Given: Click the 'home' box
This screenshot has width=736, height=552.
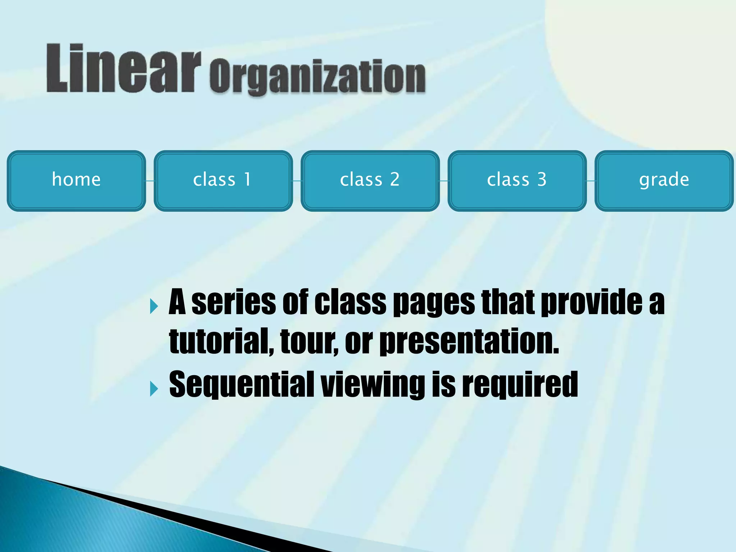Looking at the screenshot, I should (x=76, y=181).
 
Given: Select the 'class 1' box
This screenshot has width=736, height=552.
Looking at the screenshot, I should (x=223, y=181).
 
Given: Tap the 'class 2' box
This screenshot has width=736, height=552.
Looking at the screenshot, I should (x=370, y=181).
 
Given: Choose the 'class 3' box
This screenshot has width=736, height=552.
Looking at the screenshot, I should (x=517, y=181).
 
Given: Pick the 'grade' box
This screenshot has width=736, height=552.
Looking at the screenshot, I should (x=664, y=181).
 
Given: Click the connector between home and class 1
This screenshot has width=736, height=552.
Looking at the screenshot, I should (x=150, y=181).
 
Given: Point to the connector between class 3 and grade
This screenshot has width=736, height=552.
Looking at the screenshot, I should (x=591, y=181).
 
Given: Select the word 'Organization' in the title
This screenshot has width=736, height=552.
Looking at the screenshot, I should (x=318, y=77).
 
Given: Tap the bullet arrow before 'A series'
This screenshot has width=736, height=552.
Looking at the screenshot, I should (x=154, y=306).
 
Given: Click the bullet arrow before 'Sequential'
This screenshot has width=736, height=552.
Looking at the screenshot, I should (x=154, y=388).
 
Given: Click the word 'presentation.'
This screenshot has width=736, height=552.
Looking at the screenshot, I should (x=469, y=341).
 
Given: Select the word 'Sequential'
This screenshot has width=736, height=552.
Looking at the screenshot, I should (x=241, y=385).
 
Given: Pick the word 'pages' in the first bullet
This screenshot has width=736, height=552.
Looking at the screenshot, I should (x=434, y=303).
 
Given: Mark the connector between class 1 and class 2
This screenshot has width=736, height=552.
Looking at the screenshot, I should (x=297, y=181).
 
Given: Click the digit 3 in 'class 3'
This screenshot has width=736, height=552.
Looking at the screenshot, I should (x=542, y=179).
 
